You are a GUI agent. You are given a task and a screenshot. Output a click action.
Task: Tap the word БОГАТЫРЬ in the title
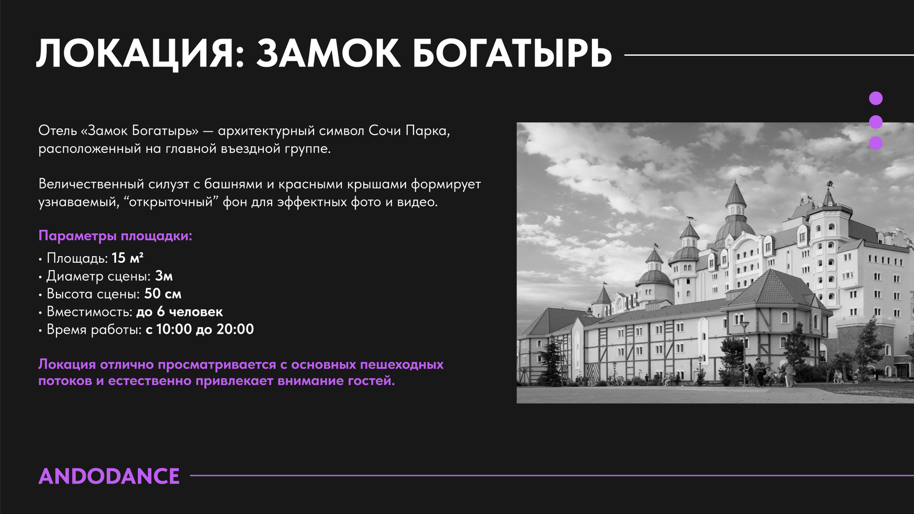512,53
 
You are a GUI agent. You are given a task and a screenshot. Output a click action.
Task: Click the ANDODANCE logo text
109,476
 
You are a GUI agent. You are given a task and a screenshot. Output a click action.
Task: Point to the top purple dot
875,99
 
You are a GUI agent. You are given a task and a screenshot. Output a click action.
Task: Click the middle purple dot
875,122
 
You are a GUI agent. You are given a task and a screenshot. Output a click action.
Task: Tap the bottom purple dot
875,143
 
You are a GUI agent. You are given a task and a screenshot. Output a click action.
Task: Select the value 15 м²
128,258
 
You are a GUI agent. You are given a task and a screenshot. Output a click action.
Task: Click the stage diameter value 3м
164,276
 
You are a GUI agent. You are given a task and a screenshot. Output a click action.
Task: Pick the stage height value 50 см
163,294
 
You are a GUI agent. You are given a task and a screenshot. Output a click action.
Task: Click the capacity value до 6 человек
179,312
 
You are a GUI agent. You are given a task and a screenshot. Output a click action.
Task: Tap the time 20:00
235,329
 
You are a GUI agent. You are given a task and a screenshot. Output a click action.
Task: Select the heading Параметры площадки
115,236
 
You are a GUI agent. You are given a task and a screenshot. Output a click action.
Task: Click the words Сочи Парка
409,130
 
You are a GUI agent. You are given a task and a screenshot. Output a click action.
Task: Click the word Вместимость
89,312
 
